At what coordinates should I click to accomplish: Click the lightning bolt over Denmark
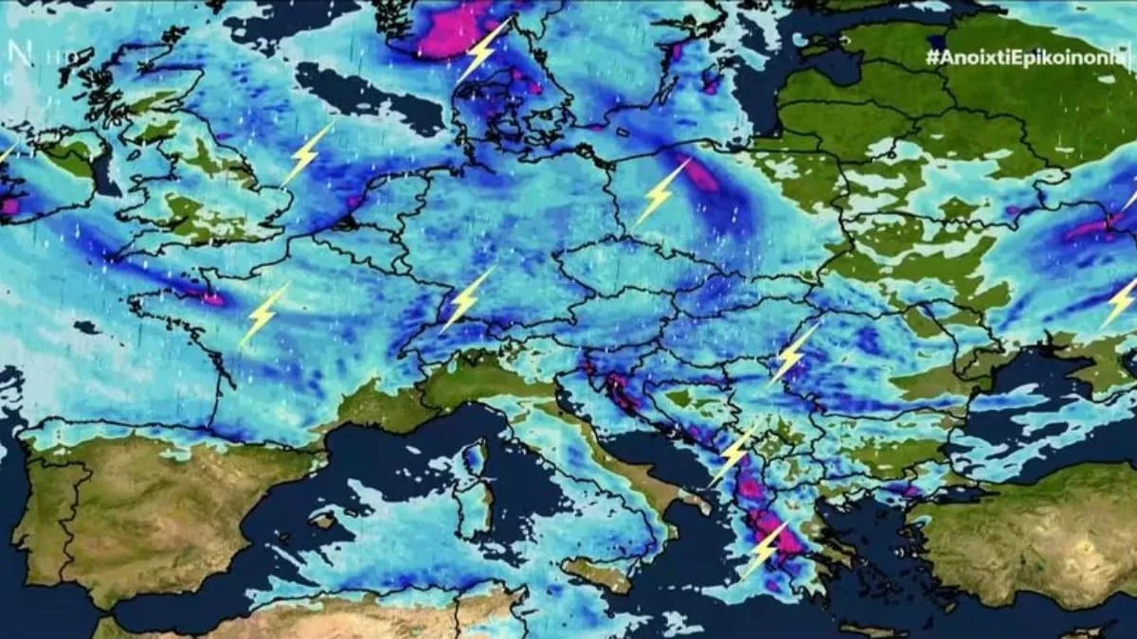[x=484, y=49]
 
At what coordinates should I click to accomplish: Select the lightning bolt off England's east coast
[x=306, y=154]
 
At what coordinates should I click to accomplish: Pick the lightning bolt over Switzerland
[x=466, y=299]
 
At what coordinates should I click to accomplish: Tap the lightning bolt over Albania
[x=732, y=456]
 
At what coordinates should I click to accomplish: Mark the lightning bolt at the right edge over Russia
[x=1120, y=303]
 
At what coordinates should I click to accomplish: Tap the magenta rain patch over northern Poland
[x=701, y=176]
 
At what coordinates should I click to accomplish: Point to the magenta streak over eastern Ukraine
[x=1090, y=228]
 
